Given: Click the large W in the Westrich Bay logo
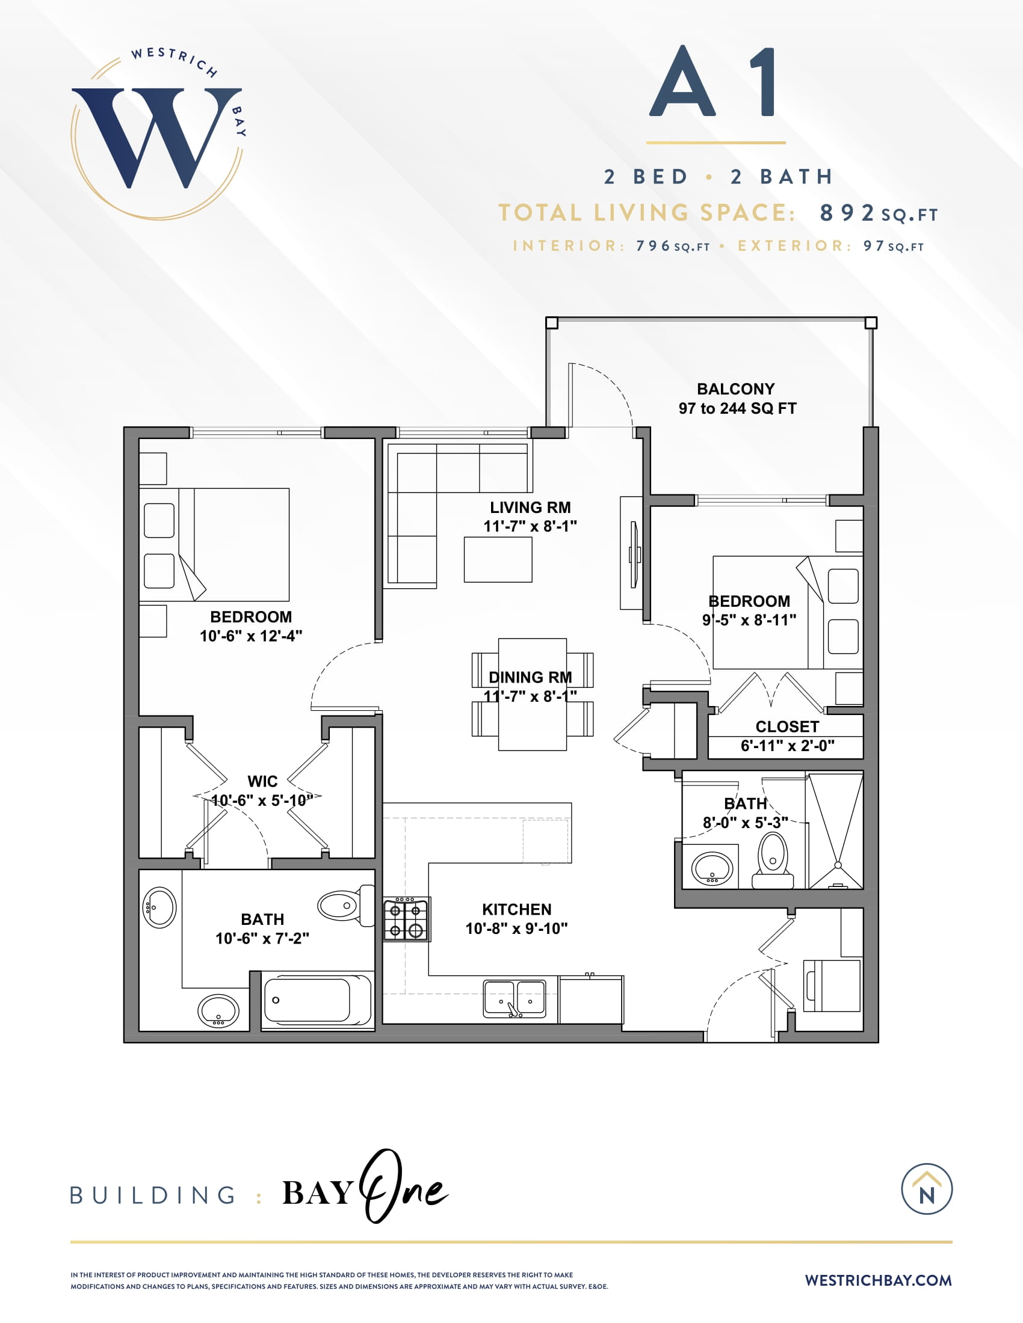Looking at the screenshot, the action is pos(156,138).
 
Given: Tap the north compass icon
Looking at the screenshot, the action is pos(927,1189).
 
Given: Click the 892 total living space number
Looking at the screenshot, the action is pos(847,213).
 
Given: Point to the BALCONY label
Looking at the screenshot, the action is pos(736,389).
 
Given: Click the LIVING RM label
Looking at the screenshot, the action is pos(530,508).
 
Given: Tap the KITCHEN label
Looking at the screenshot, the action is pos(517,909).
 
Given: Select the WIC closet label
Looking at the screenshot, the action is pos(262,781).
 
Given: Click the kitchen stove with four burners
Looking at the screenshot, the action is pos(407,919).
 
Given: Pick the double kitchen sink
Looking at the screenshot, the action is pos(515,998).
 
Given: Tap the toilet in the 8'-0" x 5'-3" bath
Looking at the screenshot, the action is pos(773,861).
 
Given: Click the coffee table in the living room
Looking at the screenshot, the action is pos(498,559).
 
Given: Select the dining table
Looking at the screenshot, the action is pos(533,694).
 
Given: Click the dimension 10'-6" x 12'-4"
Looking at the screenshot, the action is pos(251,636).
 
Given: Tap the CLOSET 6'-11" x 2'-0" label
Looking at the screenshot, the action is pos(787,736).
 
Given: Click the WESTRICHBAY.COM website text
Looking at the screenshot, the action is pos(878,1280).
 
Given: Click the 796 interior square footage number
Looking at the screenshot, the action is pos(653,246).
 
